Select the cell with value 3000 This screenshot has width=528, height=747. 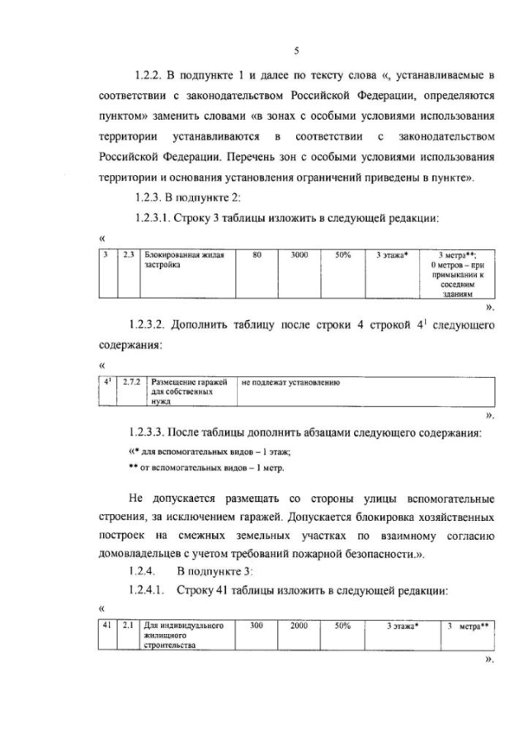[299, 256]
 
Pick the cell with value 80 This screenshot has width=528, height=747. [257, 256]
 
